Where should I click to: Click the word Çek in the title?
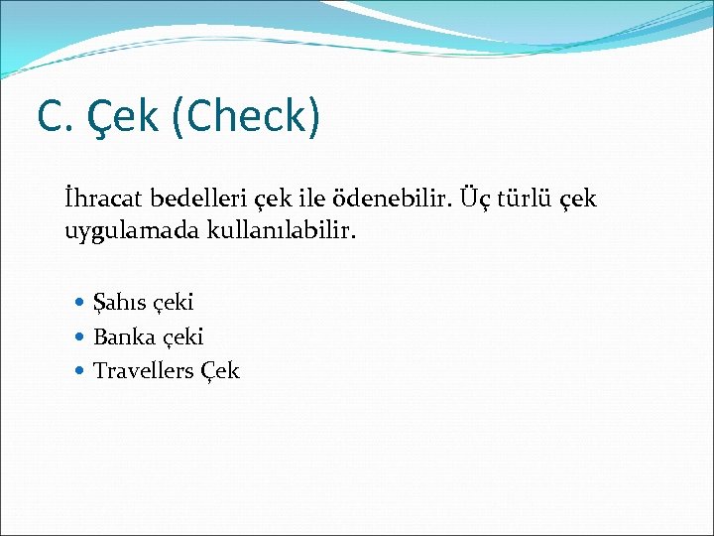click(x=123, y=116)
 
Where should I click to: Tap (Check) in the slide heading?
click(x=246, y=116)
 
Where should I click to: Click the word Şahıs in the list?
click(x=118, y=302)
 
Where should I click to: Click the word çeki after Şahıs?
click(x=172, y=303)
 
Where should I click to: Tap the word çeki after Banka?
click(x=180, y=337)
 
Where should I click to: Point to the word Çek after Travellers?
click(x=219, y=371)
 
